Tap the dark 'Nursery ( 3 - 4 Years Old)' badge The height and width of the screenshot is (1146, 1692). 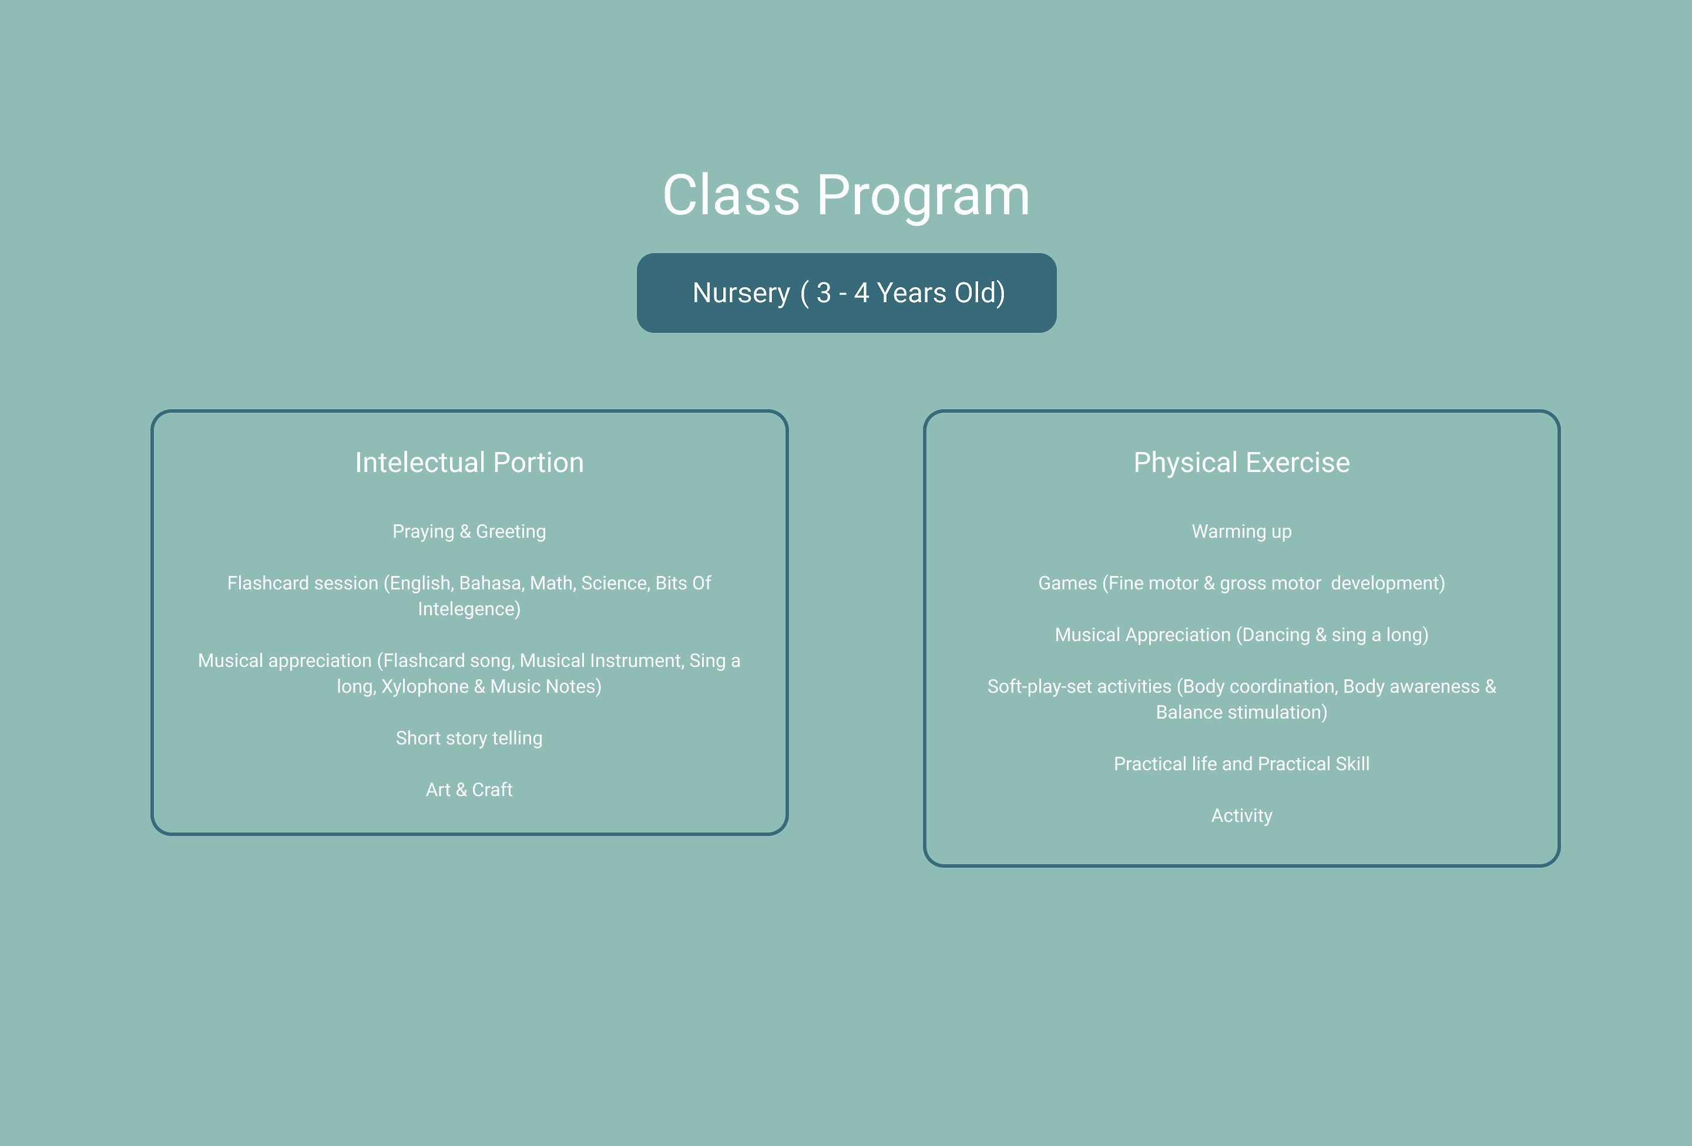click(847, 292)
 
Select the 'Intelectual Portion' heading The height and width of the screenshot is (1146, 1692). click(469, 463)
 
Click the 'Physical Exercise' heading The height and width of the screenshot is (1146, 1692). click(1241, 463)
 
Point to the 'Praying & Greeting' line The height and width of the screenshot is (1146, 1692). click(469, 532)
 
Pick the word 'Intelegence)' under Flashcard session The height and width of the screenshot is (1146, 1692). click(469, 609)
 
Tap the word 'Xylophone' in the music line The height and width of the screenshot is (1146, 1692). click(425, 687)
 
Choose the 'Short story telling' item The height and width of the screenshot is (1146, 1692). click(469, 739)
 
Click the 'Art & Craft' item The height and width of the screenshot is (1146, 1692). click(469, 790)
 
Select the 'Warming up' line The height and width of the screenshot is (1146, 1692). click(1241, 532)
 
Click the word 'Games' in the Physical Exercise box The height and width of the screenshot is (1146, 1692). click(1067, 583)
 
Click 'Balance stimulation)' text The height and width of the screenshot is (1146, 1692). click(1241, 712)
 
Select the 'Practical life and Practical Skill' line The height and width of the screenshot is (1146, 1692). click(1241, 764)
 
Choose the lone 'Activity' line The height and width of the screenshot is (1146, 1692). click(1241, 815)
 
